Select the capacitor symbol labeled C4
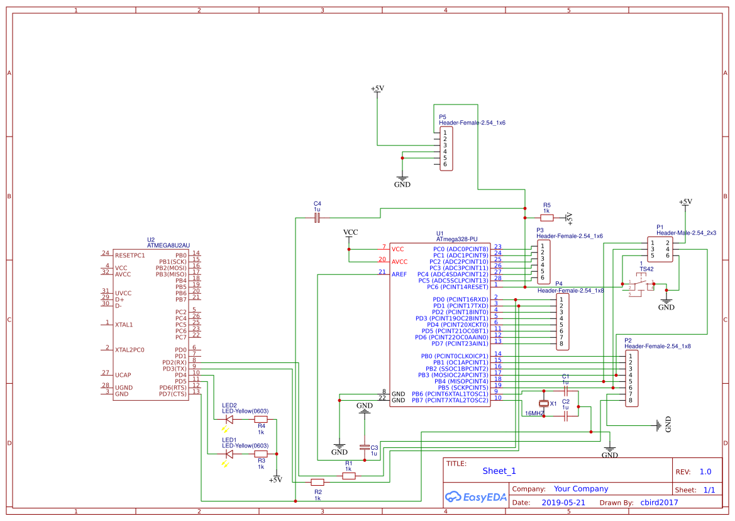317,218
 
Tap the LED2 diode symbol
229,419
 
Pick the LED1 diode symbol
229,454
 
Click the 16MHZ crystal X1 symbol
544,403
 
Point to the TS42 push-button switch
640,286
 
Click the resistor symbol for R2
318,483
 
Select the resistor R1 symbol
348,476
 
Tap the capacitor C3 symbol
365,447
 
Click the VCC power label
350,233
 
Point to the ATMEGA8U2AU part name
168,245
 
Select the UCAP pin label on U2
124,375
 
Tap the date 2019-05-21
563,503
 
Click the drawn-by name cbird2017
659,503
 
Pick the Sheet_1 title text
499,471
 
